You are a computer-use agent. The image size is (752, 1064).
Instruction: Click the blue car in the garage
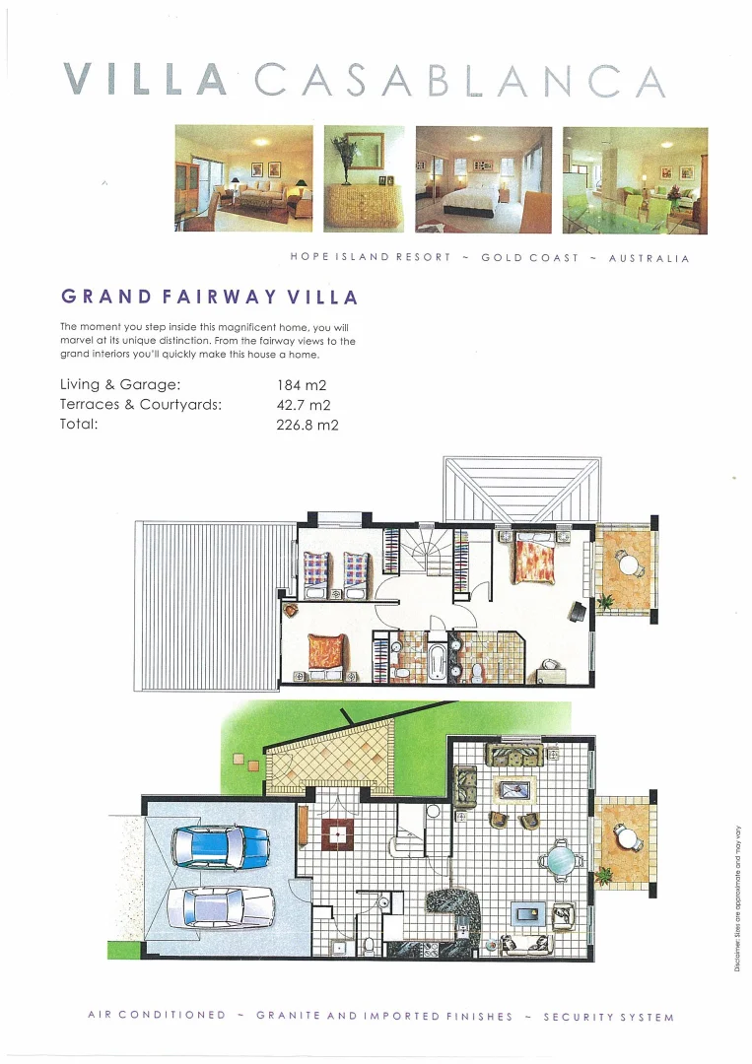[220, 845]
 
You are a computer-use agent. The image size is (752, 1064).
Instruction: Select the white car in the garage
[220, 906]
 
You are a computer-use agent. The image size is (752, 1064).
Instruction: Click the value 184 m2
[302, 385]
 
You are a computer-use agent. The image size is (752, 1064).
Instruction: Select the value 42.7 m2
[304, 405]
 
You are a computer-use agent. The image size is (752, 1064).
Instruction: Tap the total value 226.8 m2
[308, 426]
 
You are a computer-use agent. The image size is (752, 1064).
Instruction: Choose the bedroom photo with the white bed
[483, 179]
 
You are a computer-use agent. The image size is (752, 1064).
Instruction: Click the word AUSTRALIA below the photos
[649, 258]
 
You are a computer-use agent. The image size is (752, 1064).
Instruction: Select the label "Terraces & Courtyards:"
[141, 405]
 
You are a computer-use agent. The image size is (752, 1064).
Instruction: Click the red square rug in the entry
[338, 833]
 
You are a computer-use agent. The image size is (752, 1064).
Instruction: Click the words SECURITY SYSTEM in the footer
[608, 1017]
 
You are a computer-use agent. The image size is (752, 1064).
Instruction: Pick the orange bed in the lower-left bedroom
[324, 653]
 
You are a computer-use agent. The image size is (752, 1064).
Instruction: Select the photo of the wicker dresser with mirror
[364, 179]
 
